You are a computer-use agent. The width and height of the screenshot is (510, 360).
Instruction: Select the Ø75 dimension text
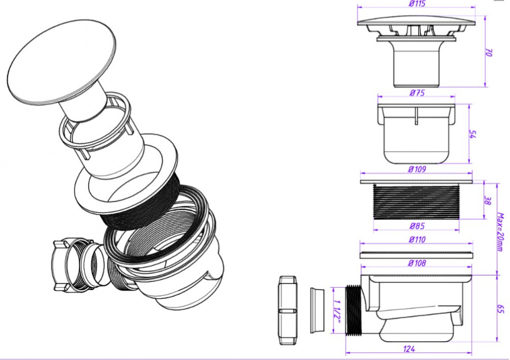tap(417, 93)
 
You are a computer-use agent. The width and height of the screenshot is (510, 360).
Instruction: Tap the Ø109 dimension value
tap(417, 169)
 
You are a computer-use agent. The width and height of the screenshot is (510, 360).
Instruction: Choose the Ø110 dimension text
tap(417, 240)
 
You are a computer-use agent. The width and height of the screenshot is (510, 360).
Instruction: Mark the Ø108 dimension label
tap(417, 264)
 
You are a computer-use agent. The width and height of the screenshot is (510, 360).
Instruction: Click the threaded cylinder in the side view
tap(417, 201)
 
